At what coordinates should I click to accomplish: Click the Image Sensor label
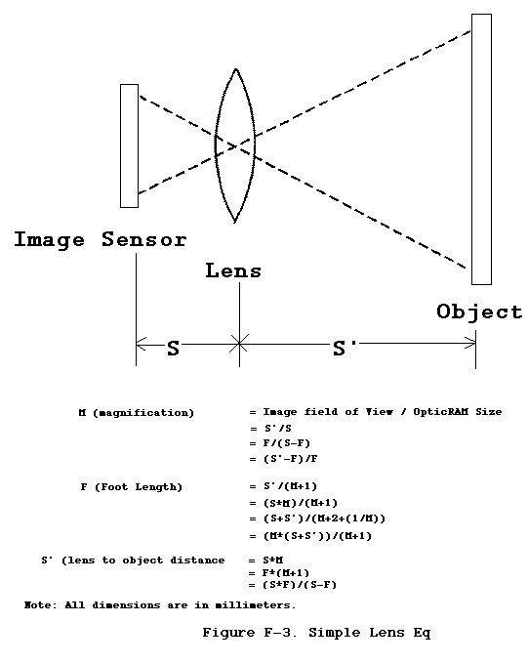(101, 240)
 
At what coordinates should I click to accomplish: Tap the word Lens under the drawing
(233, 271)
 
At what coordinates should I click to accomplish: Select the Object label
(479, 312)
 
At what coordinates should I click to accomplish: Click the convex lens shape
(216, 145)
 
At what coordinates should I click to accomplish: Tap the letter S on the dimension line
(173, 348)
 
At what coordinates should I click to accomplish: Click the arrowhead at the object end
(470, 343)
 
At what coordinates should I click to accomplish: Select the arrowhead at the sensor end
(142, 344)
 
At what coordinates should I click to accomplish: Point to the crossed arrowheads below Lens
(239, 344)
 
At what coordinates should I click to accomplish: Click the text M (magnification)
(137, 413)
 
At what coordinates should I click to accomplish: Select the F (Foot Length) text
(131, 487)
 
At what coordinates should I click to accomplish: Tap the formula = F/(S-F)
(280, 443)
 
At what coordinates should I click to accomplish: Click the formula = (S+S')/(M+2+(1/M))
(317, 519)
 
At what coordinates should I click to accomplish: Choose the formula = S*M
(265, 560)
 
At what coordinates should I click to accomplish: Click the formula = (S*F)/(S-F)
(293, 585)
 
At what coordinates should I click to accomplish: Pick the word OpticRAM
(441, 412)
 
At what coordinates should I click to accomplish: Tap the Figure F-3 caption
(316, 633)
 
